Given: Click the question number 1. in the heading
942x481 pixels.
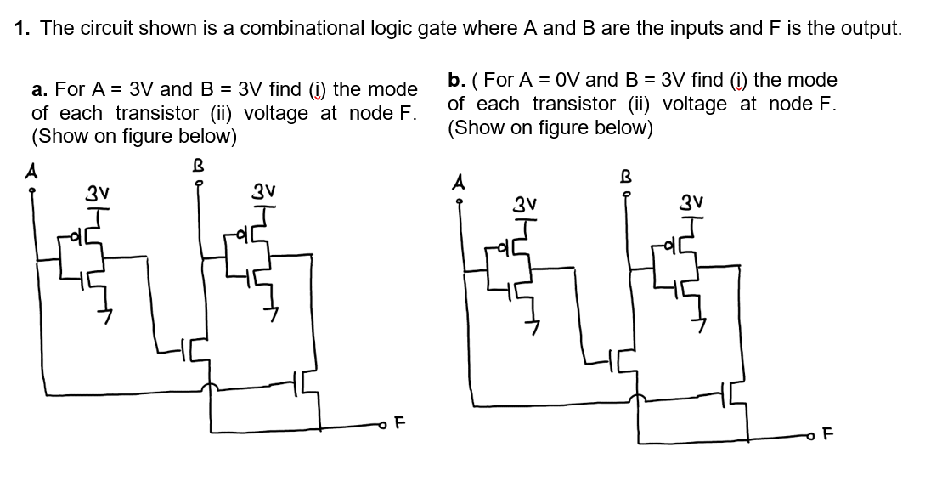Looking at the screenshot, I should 24,28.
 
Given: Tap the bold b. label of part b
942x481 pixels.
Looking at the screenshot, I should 457,81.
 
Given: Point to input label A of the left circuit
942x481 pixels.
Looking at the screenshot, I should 33,169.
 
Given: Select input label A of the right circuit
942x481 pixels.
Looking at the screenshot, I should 459,180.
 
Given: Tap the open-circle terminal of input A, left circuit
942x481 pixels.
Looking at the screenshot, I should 33,190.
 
